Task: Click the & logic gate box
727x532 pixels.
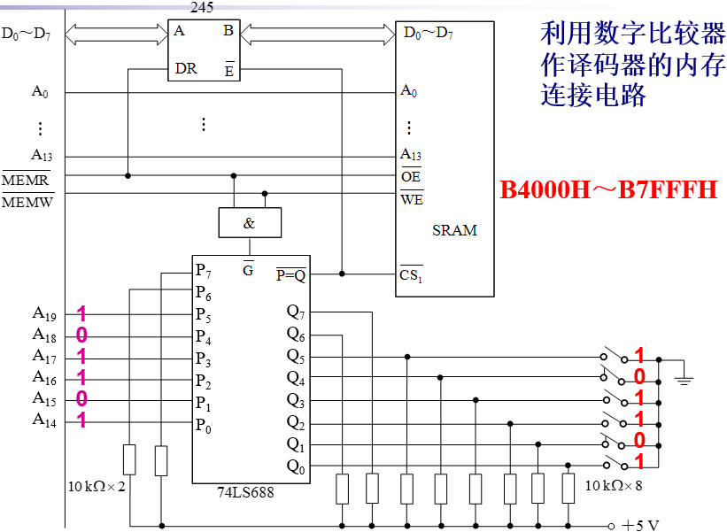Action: (249, 223)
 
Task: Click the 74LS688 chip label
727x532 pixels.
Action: (245, 492)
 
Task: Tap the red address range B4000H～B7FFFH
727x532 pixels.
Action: (608, 189)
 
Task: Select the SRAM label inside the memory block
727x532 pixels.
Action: (454, 230)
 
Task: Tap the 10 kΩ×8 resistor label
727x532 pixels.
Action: (614, 484)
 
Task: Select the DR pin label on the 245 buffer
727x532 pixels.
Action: (186, 68)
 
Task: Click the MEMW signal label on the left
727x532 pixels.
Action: (27, 202)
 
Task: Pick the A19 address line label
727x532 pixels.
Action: (44, 313)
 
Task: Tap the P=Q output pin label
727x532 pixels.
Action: (290, 274)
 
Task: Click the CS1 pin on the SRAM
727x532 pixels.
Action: (411, 274)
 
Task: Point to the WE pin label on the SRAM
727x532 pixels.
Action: (412, 198)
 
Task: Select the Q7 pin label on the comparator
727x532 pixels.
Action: (296, 312)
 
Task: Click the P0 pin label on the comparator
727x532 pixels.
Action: (204, 423)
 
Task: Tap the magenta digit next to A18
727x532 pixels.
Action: (81, 335)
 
